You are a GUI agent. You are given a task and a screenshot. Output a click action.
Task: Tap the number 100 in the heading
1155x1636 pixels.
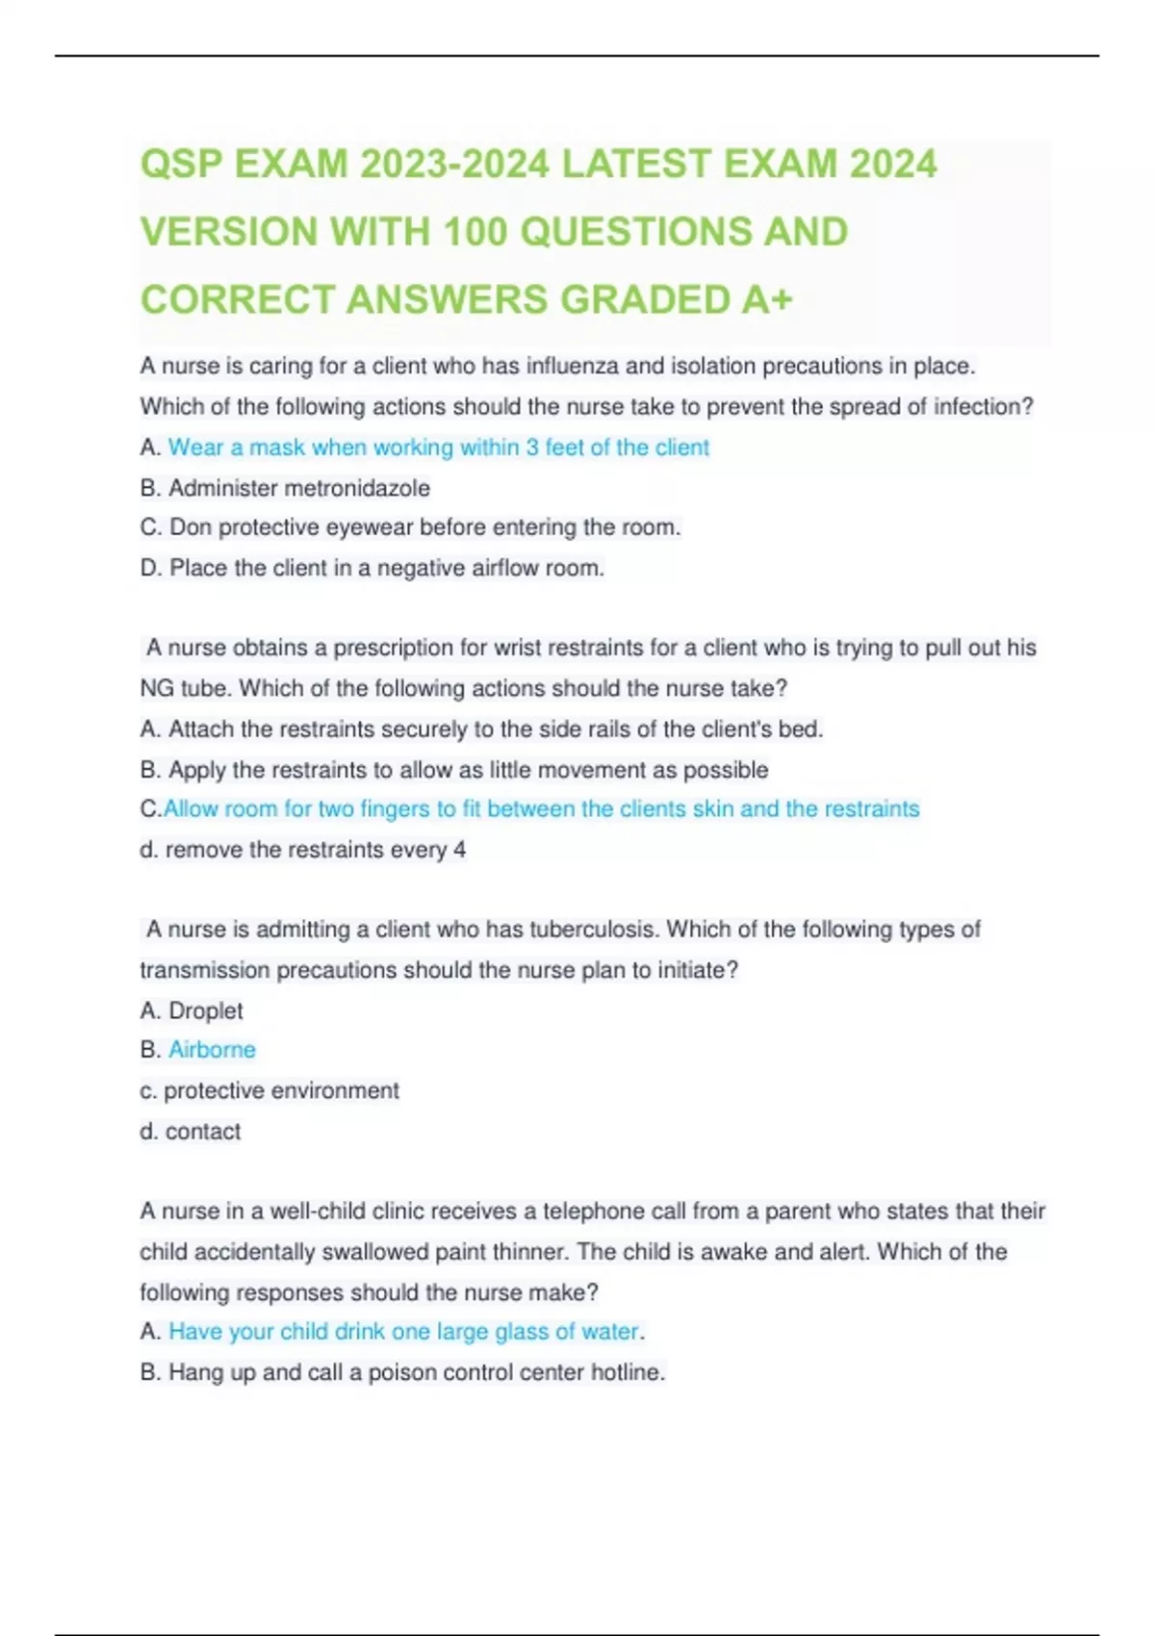[x=475, y=232]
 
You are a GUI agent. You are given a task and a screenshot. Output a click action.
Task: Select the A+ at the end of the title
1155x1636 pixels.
[x=767, y=300]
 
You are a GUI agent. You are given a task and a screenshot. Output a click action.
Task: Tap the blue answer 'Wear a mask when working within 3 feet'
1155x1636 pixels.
[x=438, y=447]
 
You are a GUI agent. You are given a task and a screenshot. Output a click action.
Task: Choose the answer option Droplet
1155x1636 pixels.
[x=205, y=1010]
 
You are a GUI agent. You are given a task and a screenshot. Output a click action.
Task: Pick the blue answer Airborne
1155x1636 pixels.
[x=212, y=1050]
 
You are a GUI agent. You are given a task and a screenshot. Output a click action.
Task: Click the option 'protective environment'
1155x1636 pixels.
[x=281, y=1090]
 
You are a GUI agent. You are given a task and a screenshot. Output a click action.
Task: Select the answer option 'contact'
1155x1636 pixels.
[x=202, y=1132]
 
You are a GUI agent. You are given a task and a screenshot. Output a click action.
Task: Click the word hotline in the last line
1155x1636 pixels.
[x=627, y=1372]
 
